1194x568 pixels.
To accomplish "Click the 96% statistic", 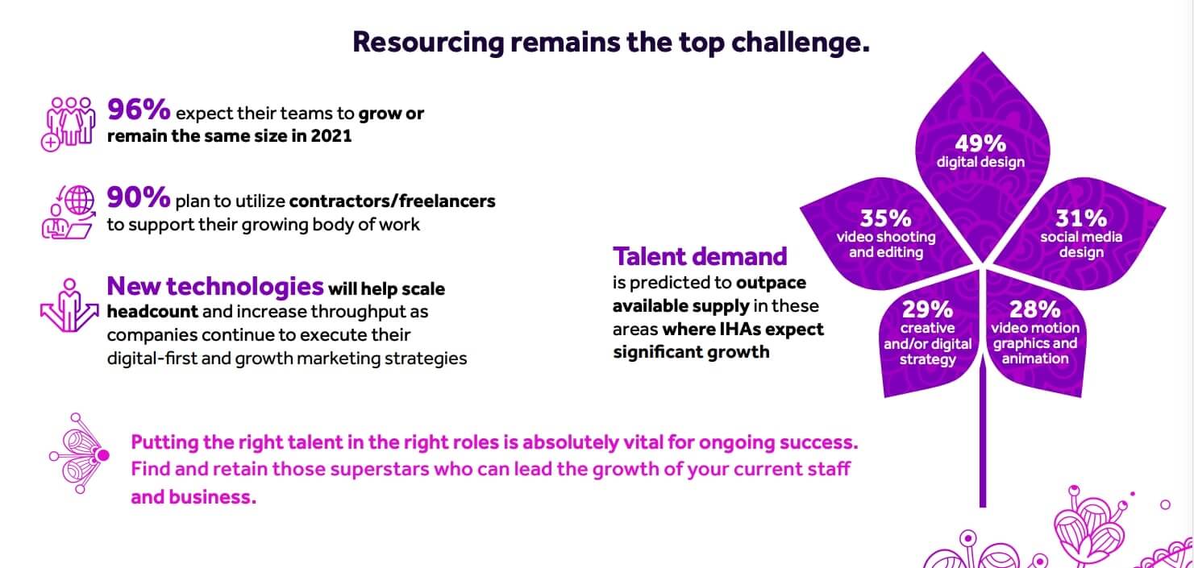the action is point(139,110).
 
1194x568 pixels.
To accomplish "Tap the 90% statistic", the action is point(139,197).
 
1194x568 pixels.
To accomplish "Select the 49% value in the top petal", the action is point(980,143).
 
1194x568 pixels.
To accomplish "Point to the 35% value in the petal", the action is point(885,218).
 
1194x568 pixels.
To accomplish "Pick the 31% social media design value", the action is point(1081,218).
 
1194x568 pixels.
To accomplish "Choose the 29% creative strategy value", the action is point(927,309).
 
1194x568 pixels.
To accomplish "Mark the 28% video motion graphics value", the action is point(1034,309).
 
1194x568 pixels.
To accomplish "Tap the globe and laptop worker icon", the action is point(69,212).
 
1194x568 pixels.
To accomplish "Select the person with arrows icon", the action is point(69,305).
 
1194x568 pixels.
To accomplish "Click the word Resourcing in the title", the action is point(428,43).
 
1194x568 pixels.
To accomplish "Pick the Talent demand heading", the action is point(700,256).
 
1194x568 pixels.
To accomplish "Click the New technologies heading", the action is point(215,287).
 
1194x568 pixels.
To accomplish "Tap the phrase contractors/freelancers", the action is point(393,201).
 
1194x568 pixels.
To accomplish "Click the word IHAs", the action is point(743,330).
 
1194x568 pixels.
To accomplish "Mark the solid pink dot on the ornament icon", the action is point(103,455).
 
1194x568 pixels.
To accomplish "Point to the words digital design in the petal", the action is point(981,163).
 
